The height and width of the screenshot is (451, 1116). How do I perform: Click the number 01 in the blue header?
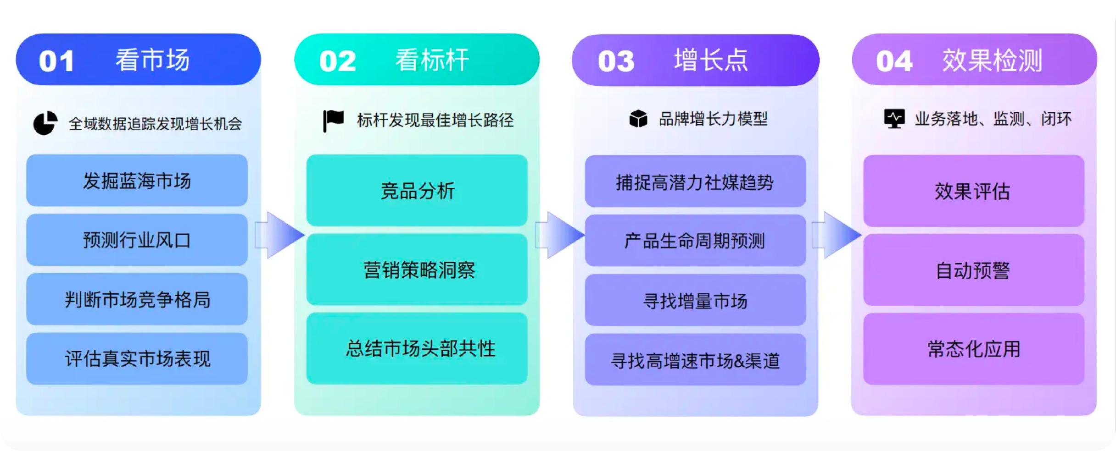click(x=56, y=61)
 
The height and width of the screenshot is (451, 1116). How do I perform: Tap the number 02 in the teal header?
click(x=337, y=61)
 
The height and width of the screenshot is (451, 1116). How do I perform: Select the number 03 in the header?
click(x=616, y=61)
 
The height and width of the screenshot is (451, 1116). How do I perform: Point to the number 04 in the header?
click(x=894, y=61)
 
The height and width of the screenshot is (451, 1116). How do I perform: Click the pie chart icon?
click(x=45, y=123)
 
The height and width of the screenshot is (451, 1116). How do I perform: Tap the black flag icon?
click(x=333, y=121)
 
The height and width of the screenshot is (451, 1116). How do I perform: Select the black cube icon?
click(x=638, y=119)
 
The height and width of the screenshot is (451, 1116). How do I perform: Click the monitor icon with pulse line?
click(x=894, y=119)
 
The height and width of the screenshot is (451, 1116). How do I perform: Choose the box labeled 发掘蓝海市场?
click(x=137, y=181)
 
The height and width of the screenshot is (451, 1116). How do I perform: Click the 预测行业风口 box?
click(x=137, y=240)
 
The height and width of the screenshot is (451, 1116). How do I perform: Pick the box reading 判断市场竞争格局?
click(x=137, y=299)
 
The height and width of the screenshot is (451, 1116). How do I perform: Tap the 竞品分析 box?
click(x=417, y=190)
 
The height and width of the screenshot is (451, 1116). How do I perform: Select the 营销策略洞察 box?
click(x=417, y=269)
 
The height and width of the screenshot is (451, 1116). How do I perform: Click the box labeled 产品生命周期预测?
click(x=695, y=241)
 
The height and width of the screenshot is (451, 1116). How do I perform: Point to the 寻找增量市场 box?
click(x=695, y=300)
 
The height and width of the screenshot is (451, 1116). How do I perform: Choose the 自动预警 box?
click(x=973, y=270)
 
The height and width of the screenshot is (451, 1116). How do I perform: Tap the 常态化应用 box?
click(x=973, y=349)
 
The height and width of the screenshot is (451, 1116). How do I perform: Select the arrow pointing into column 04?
click(x=836, y=235)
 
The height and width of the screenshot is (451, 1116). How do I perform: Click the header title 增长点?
click(x=711, y=60)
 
